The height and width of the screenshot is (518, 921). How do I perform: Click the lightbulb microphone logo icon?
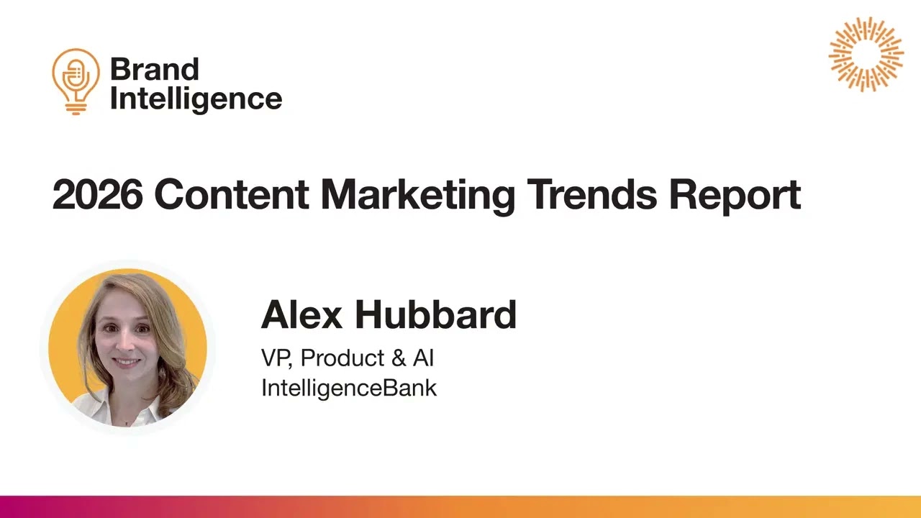click(x=76, y=80)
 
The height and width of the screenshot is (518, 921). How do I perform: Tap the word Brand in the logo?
click(x=154, y=70)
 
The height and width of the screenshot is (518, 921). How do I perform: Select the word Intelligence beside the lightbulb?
click(x=196, y=99)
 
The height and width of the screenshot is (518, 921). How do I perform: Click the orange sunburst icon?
click(x=866, y=54)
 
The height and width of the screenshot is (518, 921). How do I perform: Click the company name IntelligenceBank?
click(x=349, y=388)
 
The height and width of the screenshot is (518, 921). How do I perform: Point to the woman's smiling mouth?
click(x=126, y=362)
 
